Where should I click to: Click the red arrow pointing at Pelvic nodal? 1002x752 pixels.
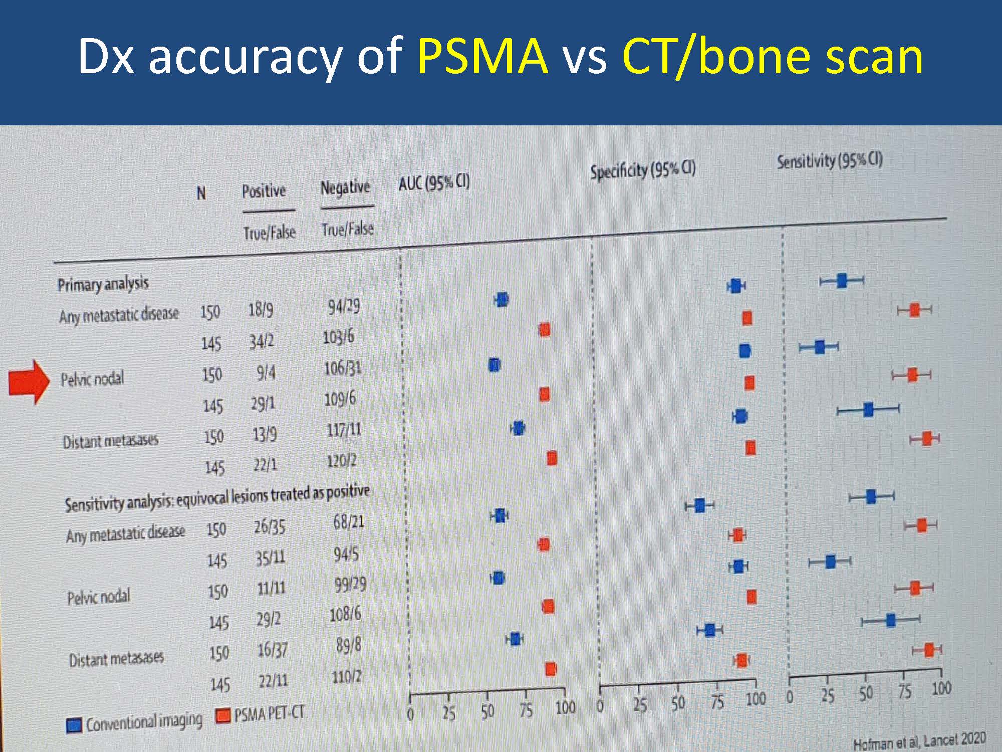[30, 382]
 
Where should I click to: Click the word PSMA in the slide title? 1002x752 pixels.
[482, 56]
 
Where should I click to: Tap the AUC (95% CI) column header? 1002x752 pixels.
[434, 183]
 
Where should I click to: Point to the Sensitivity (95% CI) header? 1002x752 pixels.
[830, 160]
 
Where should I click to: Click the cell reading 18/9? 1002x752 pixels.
[261, 309]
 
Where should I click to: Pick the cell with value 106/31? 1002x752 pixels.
[343, 369]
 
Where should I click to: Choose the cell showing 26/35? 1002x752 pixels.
[270, 526]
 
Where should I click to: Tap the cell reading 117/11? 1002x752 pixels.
[344, 430]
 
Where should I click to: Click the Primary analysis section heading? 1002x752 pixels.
[103, 284]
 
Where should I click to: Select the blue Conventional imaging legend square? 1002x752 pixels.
[74, 725]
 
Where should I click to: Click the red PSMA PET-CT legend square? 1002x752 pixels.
[223, 715]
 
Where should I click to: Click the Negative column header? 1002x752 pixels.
[345, 187]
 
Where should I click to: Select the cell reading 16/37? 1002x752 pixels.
[273, 650]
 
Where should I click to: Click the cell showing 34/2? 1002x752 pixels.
[262, 341]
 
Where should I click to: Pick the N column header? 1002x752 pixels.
[201, 193]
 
